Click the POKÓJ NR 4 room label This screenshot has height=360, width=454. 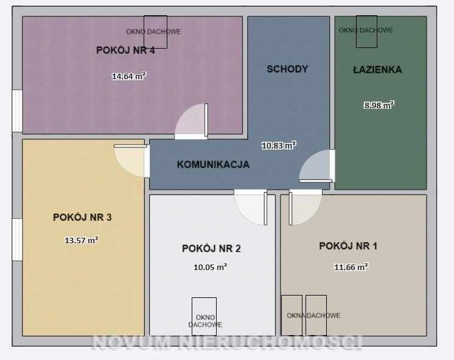[125, 50]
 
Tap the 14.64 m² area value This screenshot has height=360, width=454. [129, 76]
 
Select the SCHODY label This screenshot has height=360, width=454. [287, 69]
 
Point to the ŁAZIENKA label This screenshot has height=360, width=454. [377, 69]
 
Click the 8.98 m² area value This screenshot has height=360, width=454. [379, 105]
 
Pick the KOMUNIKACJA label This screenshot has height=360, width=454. [213, 164]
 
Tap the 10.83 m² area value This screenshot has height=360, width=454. [279, 145]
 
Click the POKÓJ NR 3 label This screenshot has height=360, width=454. [82, 217]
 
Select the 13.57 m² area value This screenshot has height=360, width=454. [82, 240]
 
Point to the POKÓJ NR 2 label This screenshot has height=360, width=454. [211, 248]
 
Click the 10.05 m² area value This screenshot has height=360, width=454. [210, 267]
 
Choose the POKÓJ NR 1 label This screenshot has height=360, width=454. [348, 246]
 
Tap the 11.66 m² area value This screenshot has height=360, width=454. [351, 267]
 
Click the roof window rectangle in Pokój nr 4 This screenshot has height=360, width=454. [155, 32]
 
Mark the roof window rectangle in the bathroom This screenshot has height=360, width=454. [366, 32]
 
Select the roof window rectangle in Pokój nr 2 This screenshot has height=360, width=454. [204, 317]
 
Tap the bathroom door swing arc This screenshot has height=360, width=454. [307, 161]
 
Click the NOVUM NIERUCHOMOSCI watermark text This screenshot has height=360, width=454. [227, 342]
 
